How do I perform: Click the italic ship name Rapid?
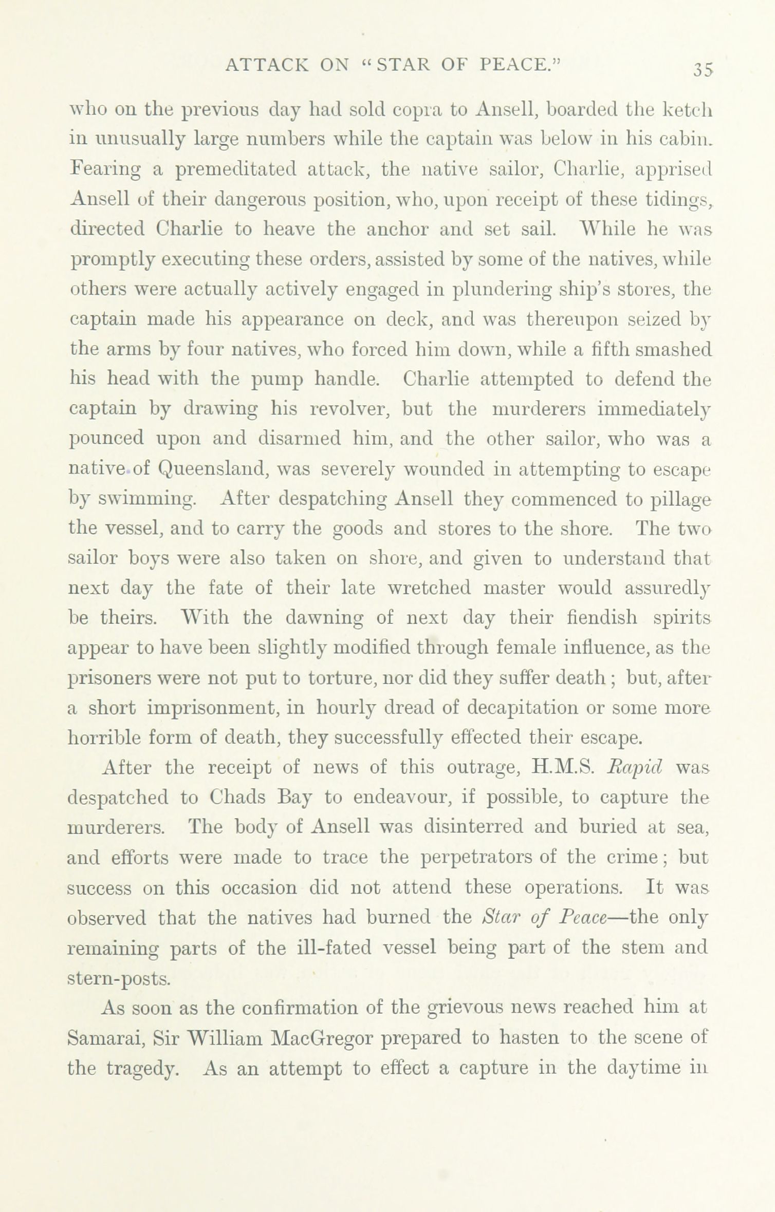pos(635,768)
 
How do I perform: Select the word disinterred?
pos(472,827)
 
